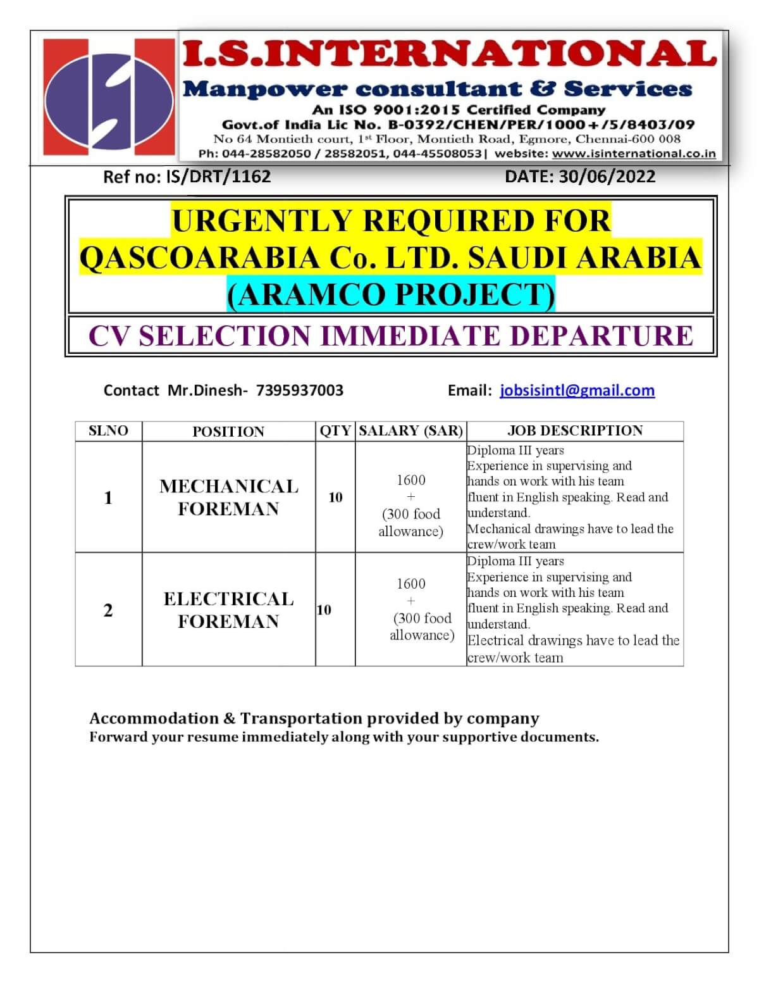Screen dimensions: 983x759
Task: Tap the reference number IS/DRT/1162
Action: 218,176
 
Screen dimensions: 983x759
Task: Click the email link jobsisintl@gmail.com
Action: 577,390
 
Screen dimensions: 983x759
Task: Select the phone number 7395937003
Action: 299,390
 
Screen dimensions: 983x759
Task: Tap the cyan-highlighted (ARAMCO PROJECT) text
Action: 391,294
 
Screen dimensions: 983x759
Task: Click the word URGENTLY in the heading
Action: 262,221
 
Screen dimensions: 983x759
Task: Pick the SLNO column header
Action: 108,431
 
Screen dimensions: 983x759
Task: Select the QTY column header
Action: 335,431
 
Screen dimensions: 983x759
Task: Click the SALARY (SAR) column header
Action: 411,431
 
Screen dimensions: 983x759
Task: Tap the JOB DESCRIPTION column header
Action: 575,431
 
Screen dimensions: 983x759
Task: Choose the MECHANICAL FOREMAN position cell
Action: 228,498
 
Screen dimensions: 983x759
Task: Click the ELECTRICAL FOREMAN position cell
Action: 228,610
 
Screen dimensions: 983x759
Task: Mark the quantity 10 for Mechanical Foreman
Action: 335,498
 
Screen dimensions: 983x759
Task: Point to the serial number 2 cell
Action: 108,610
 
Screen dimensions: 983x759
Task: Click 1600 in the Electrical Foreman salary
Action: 411,584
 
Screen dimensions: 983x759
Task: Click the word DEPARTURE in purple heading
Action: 601,335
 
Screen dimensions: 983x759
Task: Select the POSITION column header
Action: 228,432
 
